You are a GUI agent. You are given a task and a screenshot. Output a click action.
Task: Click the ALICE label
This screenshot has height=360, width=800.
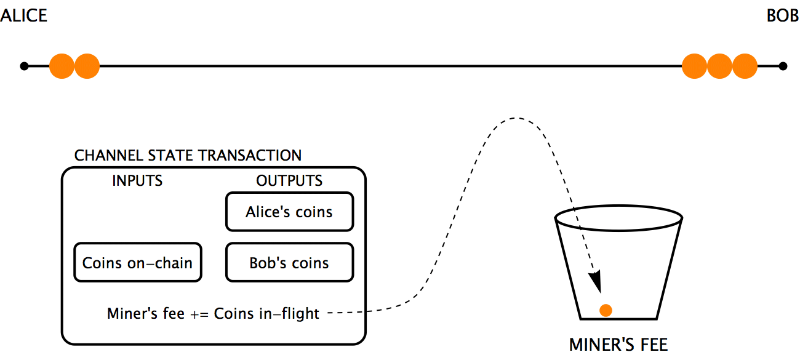coord(23,15)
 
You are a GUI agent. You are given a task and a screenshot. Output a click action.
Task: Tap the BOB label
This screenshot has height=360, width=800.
coord(782,15)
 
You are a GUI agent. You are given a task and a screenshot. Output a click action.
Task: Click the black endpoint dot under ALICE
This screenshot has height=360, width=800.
coord(24,66)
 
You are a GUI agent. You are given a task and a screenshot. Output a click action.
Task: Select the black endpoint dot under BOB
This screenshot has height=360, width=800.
coord(783,66)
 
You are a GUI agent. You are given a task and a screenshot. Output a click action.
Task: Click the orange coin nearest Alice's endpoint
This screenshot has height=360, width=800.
coord(62,66)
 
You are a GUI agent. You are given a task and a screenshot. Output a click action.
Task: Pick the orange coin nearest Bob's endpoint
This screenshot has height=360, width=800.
coord(745,66)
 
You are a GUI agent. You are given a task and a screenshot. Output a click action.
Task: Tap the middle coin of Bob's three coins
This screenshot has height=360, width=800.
coord(719,66)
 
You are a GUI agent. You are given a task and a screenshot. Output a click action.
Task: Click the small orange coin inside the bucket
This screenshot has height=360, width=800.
coord(606,310)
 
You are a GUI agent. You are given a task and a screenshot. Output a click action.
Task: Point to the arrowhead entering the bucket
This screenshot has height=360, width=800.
coord(595,282)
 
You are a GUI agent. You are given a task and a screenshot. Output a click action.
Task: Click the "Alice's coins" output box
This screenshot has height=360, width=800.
coord(289,212)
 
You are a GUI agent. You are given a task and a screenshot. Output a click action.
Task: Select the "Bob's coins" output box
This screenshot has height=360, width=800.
coord(289,263)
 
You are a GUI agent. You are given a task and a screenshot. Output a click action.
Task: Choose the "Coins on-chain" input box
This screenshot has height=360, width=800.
coord(137,263)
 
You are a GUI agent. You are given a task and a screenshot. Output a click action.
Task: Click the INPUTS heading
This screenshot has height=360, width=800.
coord(137,180)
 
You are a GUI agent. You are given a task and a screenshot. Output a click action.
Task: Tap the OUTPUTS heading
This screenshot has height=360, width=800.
coord(289,180)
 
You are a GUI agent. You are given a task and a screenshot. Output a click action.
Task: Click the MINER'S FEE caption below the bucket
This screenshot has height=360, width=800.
coord(618,344)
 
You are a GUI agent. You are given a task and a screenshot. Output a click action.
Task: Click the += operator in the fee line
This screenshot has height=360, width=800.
coord(199,313)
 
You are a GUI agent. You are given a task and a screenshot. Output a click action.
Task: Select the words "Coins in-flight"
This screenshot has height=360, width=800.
coord(266,313)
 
